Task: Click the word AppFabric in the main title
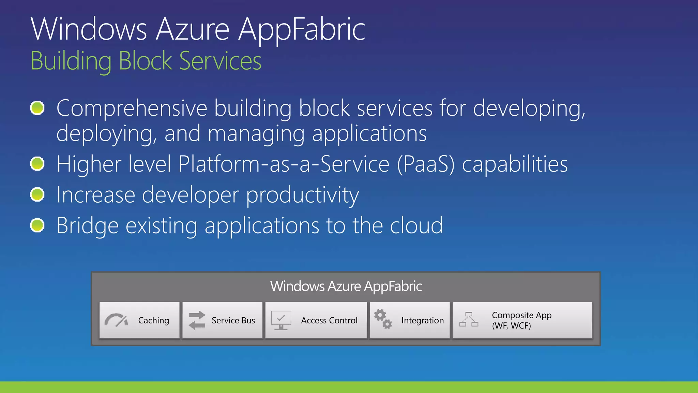point(302,30)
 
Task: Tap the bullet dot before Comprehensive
point(37,108)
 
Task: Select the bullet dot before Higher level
point(37,164)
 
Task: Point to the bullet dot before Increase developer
point(37,195)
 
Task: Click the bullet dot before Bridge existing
point(37,225)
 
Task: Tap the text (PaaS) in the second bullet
point(426,164)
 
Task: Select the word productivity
point(302,195)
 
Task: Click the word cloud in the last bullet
point(416,226)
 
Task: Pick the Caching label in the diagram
point(153,320)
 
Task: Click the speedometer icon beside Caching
point(116,320)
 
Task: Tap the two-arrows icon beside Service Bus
point(197,320)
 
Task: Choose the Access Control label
point(329,320)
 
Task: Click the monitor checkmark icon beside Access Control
point(281,320)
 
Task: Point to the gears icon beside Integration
point(383,319)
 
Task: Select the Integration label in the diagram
point(422,320)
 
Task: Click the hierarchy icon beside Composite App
point(469,319)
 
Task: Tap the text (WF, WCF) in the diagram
point(511,326)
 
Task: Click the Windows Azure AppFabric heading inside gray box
point(346,286)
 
